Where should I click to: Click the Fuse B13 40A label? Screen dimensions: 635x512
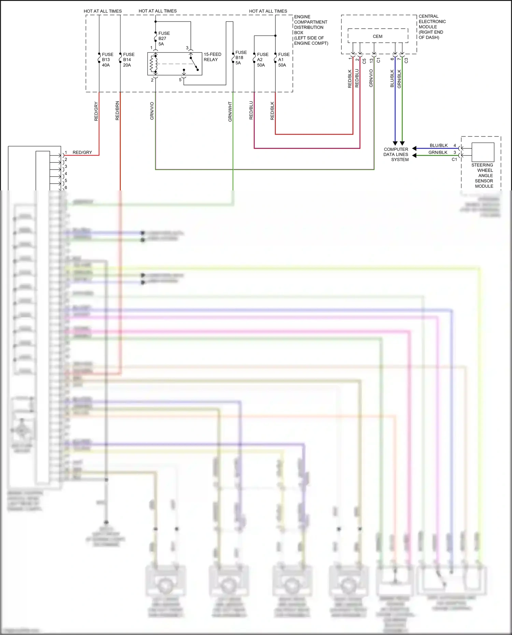(x=107, y=60)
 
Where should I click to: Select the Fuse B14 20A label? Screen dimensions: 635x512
(x=128, y=60)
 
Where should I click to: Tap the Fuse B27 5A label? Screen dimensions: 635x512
(x=163, y=39)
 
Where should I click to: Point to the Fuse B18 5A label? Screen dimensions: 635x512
(x=241, y=58)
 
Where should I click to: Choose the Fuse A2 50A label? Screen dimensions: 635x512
(x=262, y=60)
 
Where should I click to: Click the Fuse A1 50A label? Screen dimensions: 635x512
(x=283, y=60)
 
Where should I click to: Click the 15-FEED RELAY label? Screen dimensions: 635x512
(x=212, y=57)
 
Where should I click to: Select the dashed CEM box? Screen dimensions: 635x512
(x=378, y=36)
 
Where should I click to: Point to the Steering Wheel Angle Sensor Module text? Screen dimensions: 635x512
(x=483, y=175)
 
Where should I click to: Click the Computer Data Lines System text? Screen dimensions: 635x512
(x=396, y=154)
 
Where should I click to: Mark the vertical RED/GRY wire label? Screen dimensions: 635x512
(x=96, y=111)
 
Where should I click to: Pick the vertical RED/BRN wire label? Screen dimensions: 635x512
(x=117, y=111)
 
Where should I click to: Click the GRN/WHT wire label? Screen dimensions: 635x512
(x=230, y=112)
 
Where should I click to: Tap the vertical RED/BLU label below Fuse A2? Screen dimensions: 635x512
(x=251, y=110)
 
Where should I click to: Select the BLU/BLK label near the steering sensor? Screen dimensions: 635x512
(x=439, y=145)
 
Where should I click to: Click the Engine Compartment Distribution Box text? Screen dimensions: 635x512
(x=311, y=30)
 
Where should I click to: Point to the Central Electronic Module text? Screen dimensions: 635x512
(x=432, y=27)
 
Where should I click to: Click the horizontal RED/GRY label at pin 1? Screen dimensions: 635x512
(x=82, y=152)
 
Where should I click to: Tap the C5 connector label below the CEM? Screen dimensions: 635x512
(x=364, y=61)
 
